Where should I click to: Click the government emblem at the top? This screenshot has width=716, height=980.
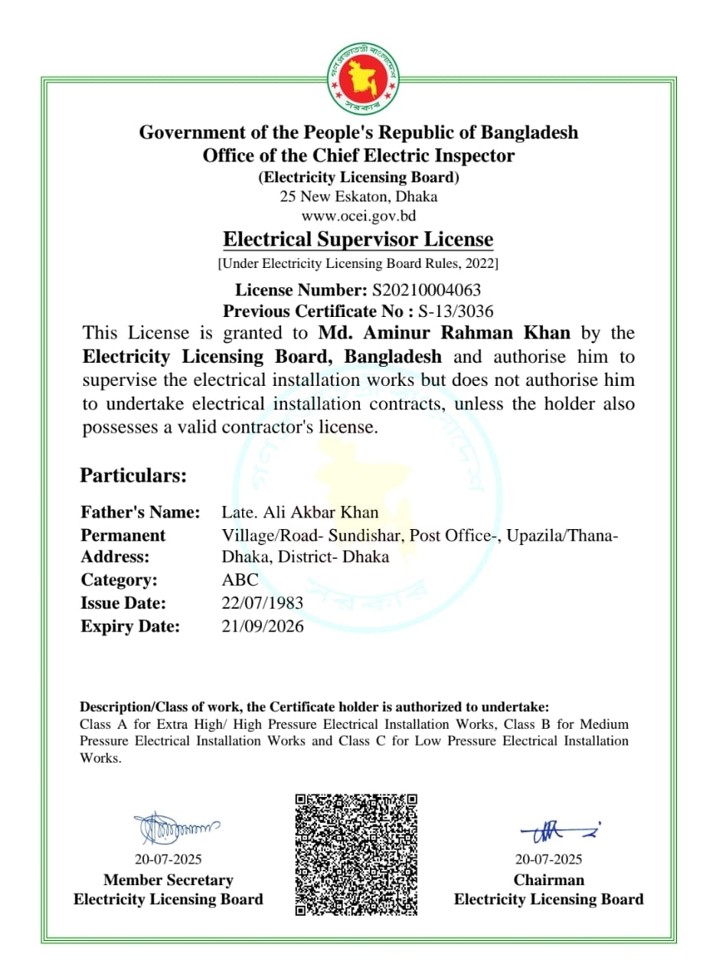(x=358, y=77)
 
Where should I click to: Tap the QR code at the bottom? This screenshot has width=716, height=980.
(x=357, y=854)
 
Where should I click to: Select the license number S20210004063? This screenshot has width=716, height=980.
(x=427, y=290)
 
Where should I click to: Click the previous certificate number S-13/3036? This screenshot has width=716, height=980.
(x=456, y=311)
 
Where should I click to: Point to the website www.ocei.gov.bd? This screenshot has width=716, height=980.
(x=358, y=215)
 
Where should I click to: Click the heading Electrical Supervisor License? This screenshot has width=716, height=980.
(x=358, y=240)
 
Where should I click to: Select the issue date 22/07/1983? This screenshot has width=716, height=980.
(x=262, y=603)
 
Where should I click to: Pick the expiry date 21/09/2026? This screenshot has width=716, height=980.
(x=262, y=626)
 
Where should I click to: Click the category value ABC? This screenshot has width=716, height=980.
(x=240, y=580)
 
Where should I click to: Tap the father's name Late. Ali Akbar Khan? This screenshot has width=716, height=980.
(x=300, y=512)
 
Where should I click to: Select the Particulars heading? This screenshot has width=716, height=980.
(x=133, y=475)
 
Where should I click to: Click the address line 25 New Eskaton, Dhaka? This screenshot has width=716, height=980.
(x=358, y=197)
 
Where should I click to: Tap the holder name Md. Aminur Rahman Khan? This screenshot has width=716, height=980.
(x=444, y=333)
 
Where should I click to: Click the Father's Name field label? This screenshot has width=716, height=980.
(x=140, y=512)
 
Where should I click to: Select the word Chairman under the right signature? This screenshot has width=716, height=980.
(x=548, y=880)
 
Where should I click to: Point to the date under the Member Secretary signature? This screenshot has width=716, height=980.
(x=168, y=859)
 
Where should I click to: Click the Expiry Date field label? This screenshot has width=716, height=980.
(x=130, y=626)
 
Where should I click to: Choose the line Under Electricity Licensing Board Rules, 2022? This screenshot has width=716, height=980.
(x=358, y=264)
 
